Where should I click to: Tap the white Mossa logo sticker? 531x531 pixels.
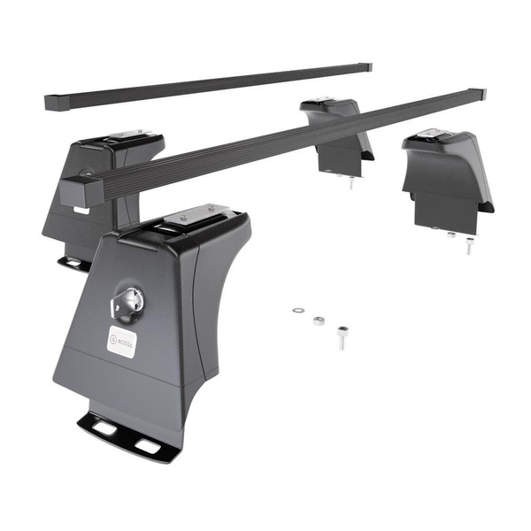(122, 341)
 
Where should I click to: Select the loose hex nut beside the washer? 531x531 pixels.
(319, 320)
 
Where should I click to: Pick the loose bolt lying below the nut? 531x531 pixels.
(342, 336)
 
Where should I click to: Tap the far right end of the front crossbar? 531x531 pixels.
(478, 93)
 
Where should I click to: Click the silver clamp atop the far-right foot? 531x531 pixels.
(435, 135)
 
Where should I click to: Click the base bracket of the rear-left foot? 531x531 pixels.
(74, 261)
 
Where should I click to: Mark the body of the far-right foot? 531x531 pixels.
(447, 177)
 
